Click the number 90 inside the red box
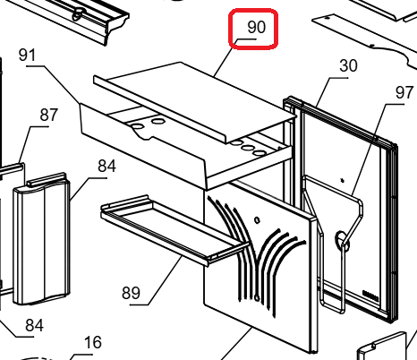point(256,27)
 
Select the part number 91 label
point(27,56)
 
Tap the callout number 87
point(49,115)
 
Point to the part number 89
point(131,293)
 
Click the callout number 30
point(348,65)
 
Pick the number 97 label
point(404,92)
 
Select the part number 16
point(93,342)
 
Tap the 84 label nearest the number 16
point(35,325)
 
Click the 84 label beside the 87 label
point(106,166)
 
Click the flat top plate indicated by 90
point(195,99)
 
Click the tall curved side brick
point(42,239)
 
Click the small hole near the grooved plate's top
point(257,220)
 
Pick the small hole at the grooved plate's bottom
point(257,297)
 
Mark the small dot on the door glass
point(343,180)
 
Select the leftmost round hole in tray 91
point(137,126)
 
